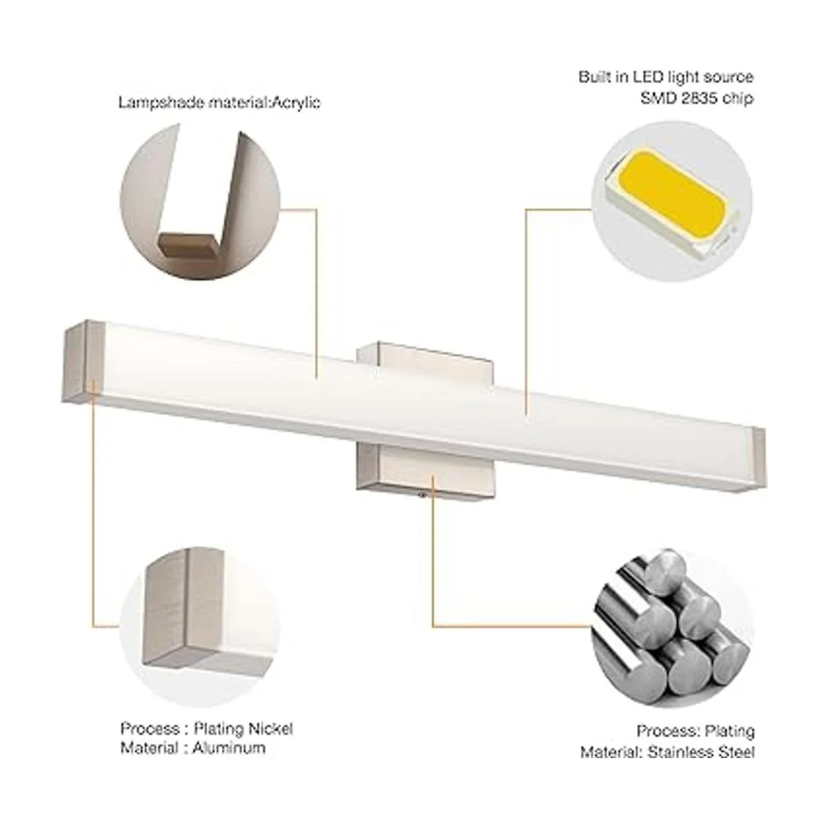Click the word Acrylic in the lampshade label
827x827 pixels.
pos(297,103)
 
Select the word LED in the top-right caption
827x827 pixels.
pos(648,77)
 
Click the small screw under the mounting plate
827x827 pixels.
pos(424,496)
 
